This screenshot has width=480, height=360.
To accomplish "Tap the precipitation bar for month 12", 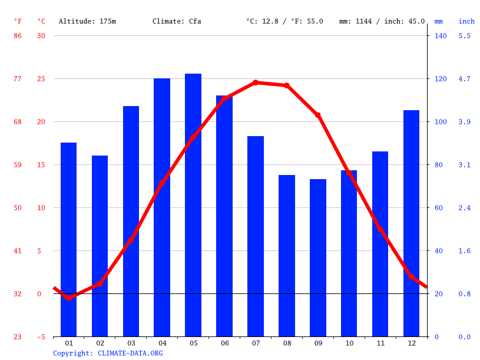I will click(411, 223).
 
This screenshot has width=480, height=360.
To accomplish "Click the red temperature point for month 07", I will click(256, 82).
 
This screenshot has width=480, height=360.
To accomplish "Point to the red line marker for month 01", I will click(69, 298).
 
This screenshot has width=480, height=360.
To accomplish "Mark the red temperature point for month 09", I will click(318, 115).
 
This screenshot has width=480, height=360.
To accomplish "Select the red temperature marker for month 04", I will click(162, 183).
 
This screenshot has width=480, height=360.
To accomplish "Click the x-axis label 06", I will click(224, 343).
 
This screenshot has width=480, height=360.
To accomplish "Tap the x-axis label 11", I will click(380, 343).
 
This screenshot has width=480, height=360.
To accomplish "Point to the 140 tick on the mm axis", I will click(441, 36).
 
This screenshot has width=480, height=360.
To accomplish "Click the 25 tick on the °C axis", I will click(41, 79).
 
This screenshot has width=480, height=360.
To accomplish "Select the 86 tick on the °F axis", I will click(18, 36).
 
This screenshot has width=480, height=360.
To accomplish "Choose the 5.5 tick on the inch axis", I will click(465, 36).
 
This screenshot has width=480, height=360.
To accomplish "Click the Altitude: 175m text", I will click(87, 21).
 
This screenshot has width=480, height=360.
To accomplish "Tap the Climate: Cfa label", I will click(177, 21).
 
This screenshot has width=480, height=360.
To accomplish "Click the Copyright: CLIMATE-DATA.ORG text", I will click(108, 354).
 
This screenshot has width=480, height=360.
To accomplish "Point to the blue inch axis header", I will click(466, 21).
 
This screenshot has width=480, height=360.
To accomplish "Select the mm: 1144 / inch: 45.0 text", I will click(382, 21).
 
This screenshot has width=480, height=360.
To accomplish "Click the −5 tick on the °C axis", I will click(41, 337).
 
